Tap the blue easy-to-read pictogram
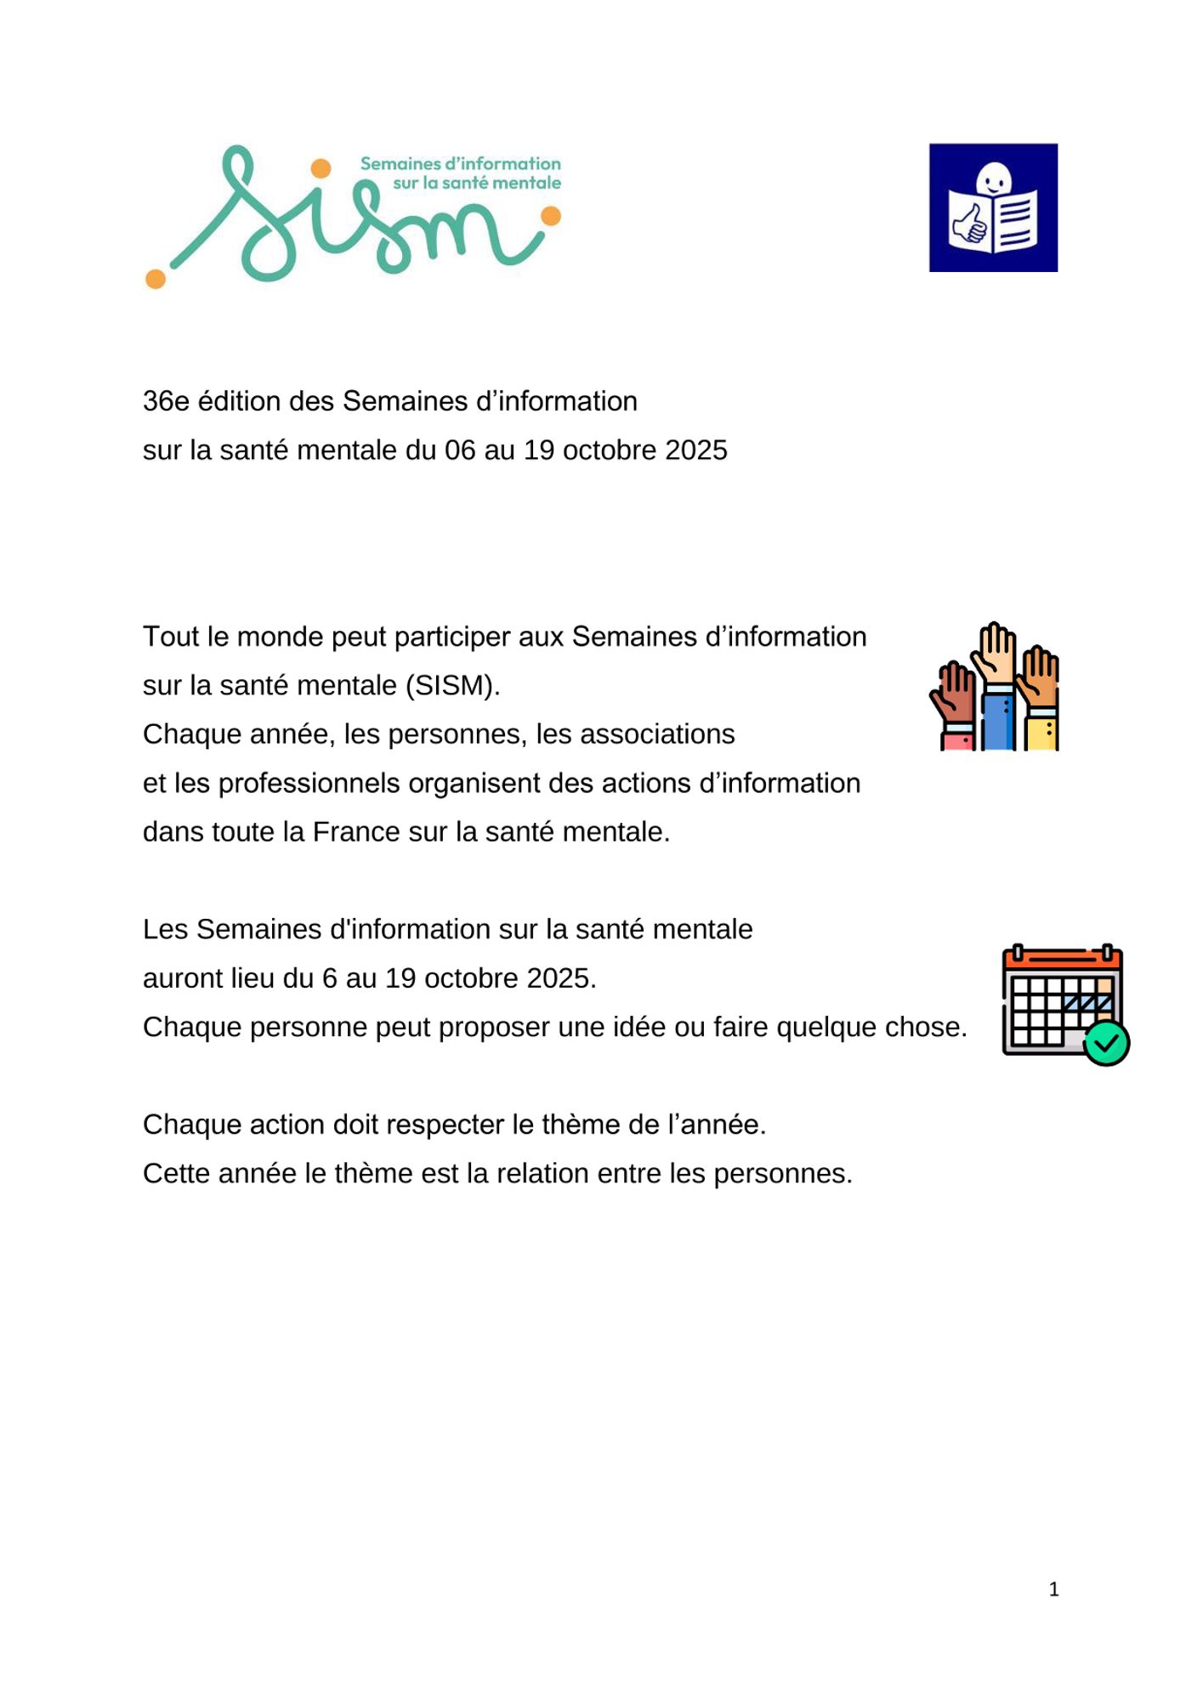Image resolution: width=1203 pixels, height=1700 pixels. (993, 207)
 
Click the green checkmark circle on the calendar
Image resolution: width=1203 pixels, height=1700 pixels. (1106, 1043)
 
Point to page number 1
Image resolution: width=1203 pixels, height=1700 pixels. (1053, 1589)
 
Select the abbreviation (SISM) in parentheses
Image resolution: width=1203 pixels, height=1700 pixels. (452, 685)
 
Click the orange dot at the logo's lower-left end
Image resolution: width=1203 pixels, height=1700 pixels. (156, 278)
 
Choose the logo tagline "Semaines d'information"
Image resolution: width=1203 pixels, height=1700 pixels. (460, 163)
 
